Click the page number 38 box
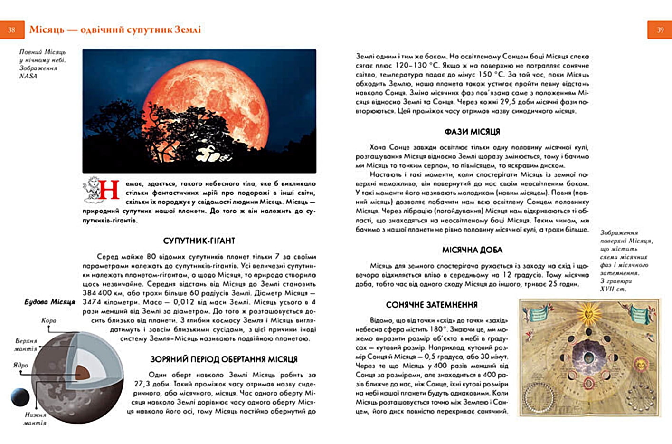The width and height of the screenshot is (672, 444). [x=12, y=29]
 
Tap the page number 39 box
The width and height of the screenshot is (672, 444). [x=660, y=29]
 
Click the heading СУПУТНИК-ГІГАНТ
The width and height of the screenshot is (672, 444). [x=199, y=241]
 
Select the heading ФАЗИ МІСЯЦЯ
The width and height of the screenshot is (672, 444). [x=472, y=132]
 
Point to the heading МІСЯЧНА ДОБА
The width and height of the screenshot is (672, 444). [x=472, y=250]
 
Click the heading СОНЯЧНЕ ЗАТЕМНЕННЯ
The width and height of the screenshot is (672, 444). [x=432, y=305]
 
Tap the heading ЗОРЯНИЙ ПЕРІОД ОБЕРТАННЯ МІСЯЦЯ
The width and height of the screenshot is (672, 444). [x=224, y=359]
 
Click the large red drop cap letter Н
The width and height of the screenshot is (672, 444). [x=109, y=190]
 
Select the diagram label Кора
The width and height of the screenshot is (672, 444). [x=48, y=320]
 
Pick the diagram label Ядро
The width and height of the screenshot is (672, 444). [x=21, y=365]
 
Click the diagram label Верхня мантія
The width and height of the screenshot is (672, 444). [x=26, y=345]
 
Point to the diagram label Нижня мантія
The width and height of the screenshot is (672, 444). [x=35, y=418]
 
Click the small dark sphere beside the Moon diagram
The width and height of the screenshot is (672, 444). [x=20, y=397]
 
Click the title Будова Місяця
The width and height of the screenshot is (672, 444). [x=50, y=302]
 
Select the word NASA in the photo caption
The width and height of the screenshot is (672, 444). [x=28, y=76]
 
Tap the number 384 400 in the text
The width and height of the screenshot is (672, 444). [x=98, y=293]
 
